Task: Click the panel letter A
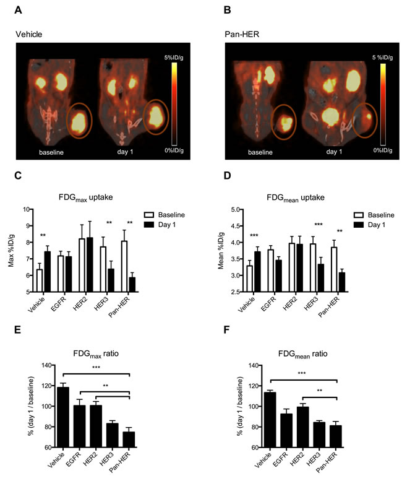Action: pos(18,10)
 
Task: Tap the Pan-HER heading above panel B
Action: pos(242,34)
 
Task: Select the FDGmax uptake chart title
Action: pos(85,197)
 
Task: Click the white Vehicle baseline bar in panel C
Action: pos(40,280)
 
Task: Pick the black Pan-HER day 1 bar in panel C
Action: pos(132,285)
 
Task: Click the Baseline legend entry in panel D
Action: pos(374,215)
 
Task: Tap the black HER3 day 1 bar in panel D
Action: pos(320,278)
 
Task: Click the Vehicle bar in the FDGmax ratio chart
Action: pos(63,417)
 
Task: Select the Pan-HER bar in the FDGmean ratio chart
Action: pos(335,436)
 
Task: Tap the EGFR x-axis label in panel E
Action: pos(73,459)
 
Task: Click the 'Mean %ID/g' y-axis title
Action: pos(221,251)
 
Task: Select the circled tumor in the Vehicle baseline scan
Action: pos(79,120)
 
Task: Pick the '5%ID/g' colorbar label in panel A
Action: pos(174,58)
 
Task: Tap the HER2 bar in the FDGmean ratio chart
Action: pos(302,427)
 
